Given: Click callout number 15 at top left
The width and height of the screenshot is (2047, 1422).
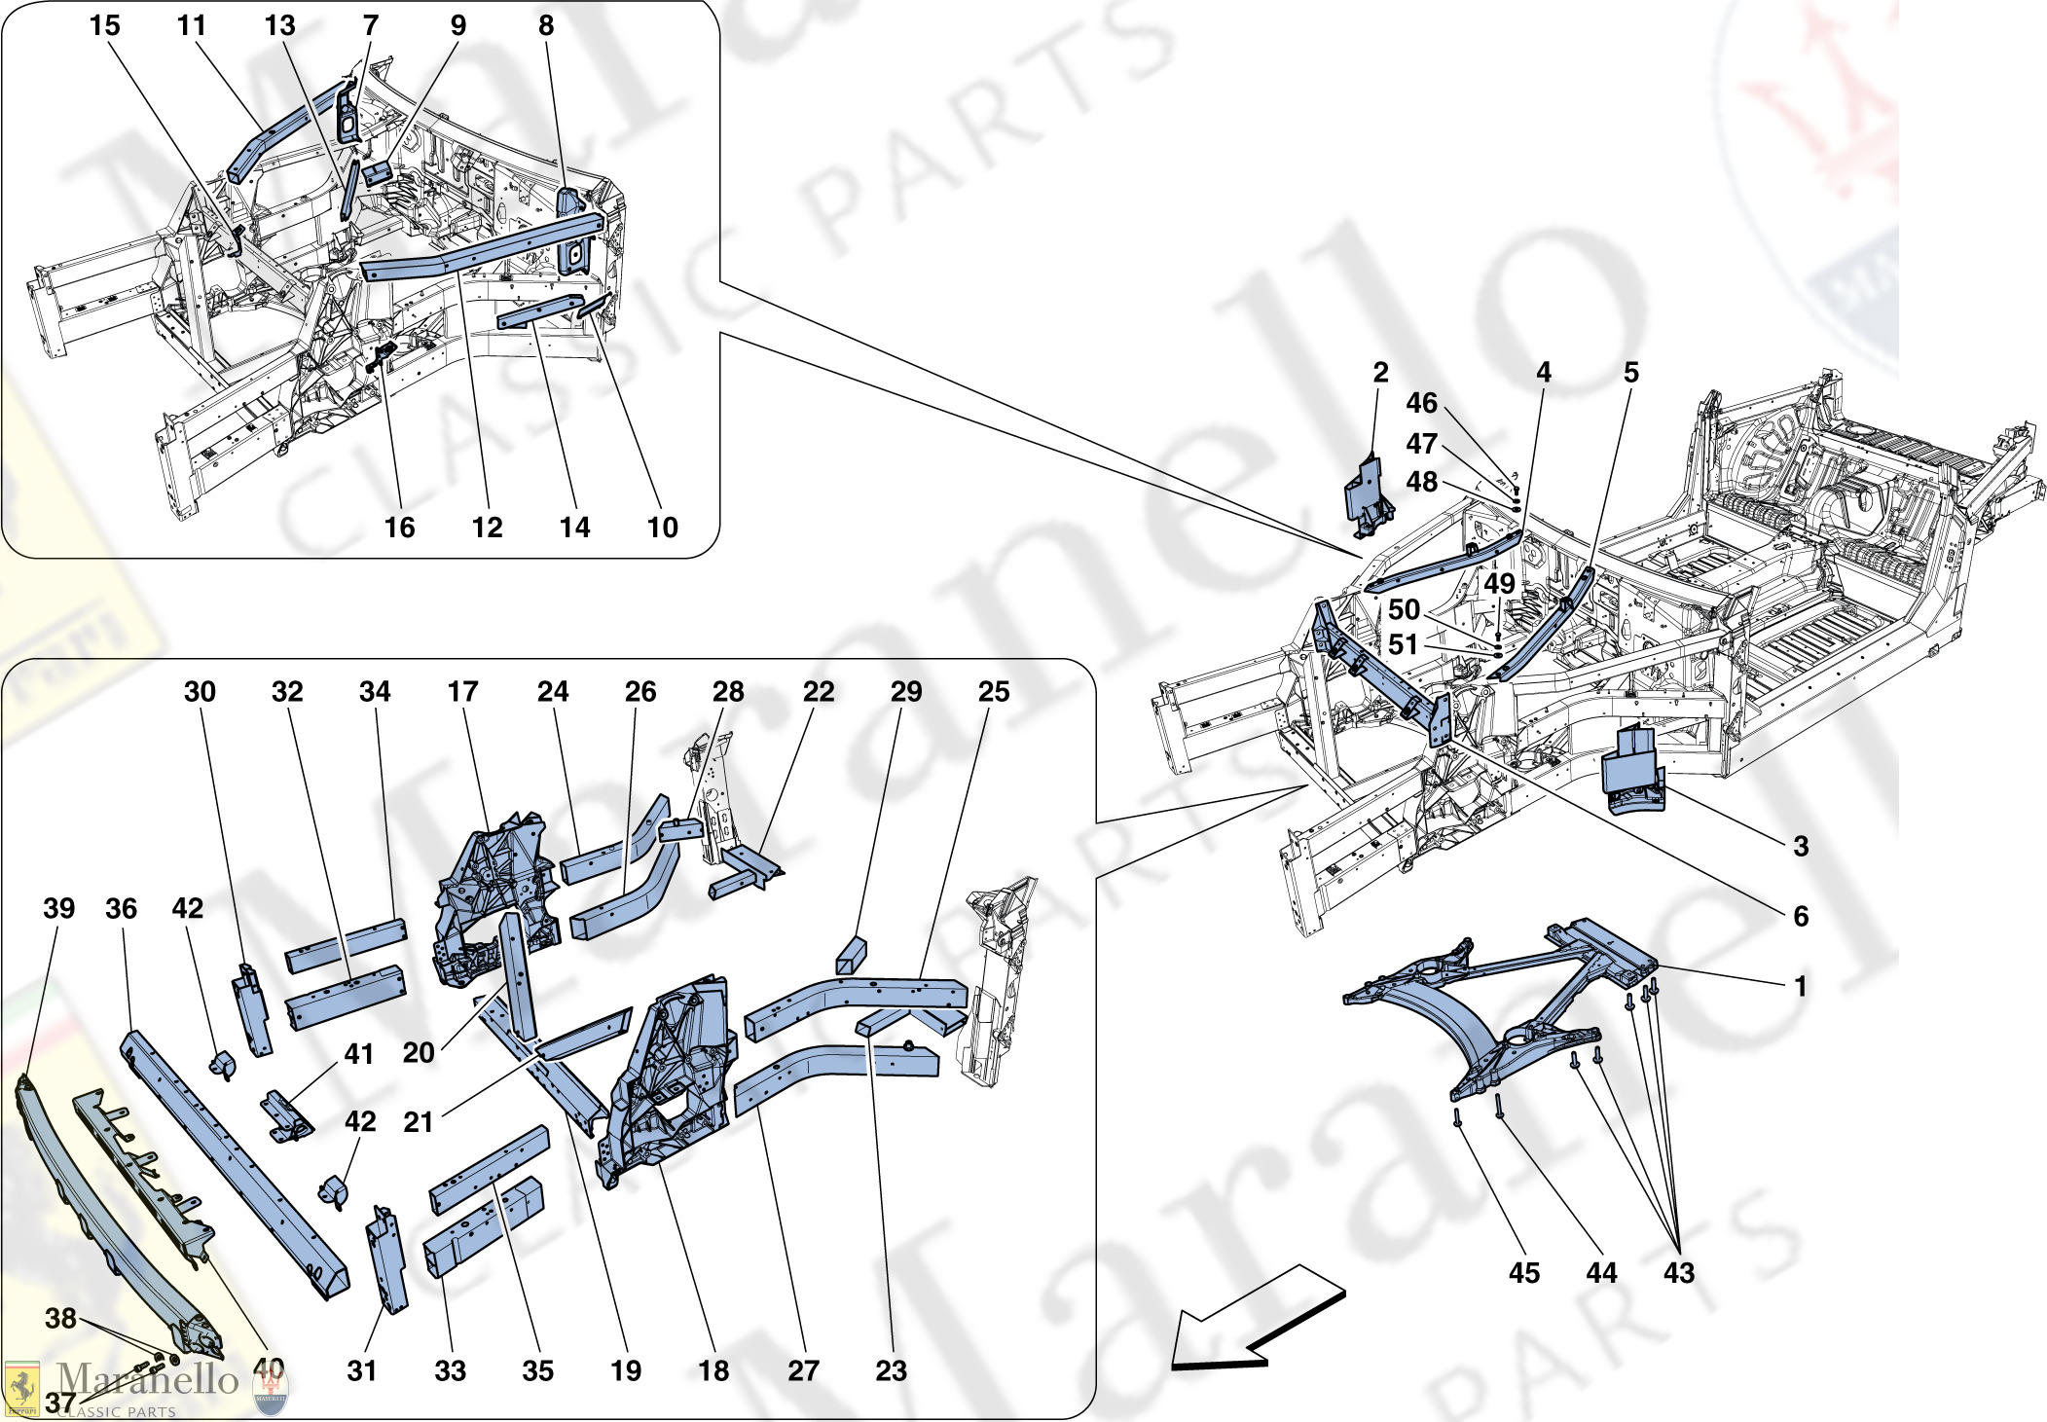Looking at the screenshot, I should tap(104, 25).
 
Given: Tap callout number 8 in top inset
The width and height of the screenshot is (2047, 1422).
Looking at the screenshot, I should tap(546, 25).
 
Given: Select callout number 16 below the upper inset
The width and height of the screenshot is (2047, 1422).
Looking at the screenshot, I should tap(399, 528).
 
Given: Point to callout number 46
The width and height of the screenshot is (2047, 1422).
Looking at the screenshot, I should tap(1421, 403).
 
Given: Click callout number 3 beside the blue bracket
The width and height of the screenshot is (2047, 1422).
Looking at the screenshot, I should tap(1801, 846).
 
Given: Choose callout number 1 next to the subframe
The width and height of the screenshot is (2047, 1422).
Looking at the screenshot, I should tap(1801, 986).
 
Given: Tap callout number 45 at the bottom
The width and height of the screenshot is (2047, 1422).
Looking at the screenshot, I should tap(1524, 1273).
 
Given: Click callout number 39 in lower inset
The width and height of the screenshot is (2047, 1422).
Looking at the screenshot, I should tap(58, 908).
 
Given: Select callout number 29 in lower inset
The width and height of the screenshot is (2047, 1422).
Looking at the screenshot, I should tap(905, 691).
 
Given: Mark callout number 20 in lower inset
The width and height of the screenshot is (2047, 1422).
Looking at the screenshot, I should tap(419, 1052).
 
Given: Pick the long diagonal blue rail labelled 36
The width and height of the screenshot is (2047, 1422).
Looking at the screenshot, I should tap(234, 1163).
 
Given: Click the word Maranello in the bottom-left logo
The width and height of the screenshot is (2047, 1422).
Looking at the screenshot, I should tap(146, 1380).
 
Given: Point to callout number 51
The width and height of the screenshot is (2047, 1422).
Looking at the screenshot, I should tap(1403, 644).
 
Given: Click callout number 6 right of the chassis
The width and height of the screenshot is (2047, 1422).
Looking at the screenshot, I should tap(1801, 916).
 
